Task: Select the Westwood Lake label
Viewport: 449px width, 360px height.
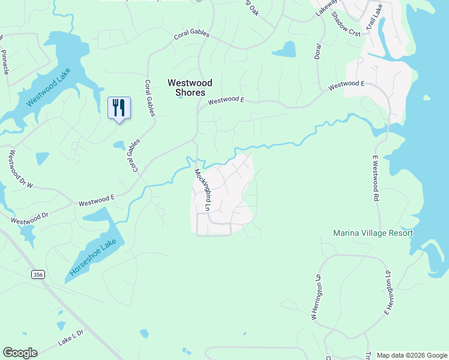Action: click(49, 88)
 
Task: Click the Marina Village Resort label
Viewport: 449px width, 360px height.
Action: click(373, 233)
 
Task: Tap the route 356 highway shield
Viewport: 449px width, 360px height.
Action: click(38, 274)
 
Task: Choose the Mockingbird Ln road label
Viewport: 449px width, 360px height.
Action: click(201, 190)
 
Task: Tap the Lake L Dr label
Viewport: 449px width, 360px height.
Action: click(71, 341)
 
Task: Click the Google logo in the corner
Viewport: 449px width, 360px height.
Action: click(20, 353)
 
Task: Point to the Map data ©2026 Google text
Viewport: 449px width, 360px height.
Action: click(411, 355)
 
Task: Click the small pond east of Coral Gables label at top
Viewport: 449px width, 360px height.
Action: click(286, 49)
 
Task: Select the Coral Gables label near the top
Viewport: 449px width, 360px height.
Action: click(191, 35)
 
